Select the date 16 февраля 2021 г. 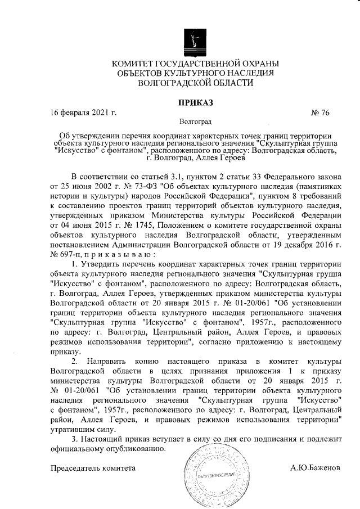pyautogui.click(x=83, y=113)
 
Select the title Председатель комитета pyautogui.click(x=93, y=468)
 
